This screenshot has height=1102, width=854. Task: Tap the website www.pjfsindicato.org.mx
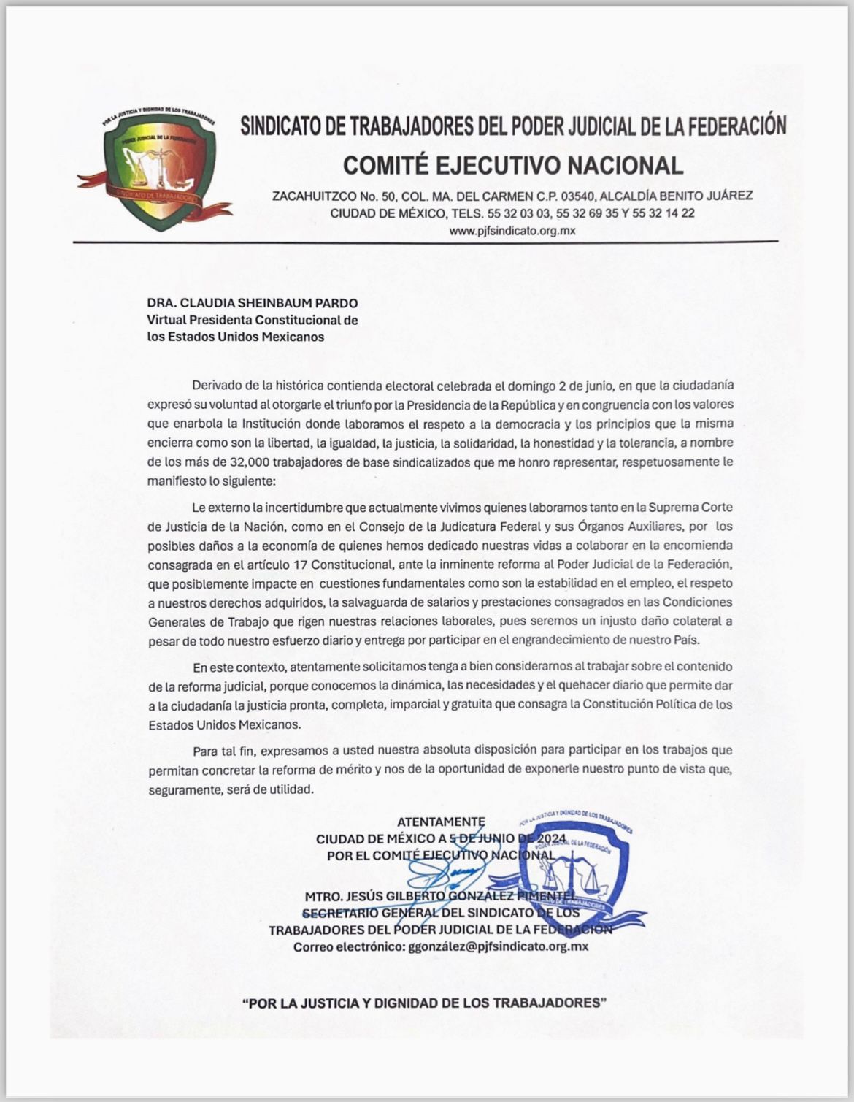(512, 231)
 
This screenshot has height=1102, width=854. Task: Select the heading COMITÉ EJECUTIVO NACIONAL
(512, 165)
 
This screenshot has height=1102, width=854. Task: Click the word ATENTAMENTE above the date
(441, 822)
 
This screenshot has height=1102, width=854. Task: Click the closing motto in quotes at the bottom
(425, 1003)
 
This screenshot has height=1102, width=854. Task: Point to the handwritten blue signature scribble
(445, 873)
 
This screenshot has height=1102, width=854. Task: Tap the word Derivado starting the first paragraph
(215, 385)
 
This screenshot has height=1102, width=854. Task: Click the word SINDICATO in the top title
(281, 127)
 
